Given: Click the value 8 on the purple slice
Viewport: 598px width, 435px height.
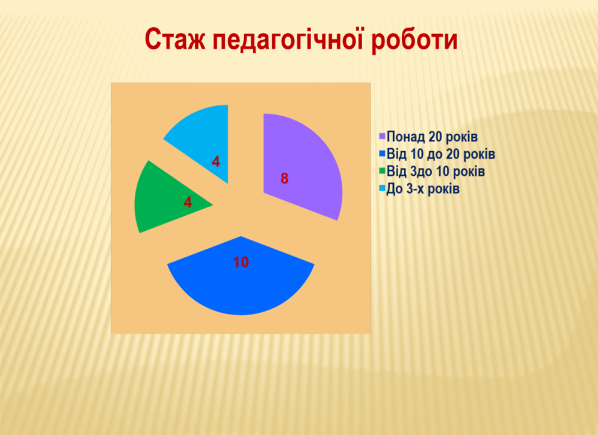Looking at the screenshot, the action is (285, 179).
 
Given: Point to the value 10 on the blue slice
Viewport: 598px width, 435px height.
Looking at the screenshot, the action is (241, 262).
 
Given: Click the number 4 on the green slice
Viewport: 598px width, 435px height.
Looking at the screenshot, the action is (188, 202).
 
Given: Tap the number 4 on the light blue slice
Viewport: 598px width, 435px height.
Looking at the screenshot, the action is (216, 162).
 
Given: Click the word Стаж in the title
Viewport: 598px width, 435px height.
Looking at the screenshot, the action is (174, 40).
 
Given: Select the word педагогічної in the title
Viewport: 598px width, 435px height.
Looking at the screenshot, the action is (288, 40).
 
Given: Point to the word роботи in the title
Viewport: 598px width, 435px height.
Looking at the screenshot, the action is (414, 40).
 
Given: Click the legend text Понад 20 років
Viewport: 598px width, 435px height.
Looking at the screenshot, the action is (432, 136).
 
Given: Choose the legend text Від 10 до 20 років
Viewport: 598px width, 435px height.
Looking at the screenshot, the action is (441, 154).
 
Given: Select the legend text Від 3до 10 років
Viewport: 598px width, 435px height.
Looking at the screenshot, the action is (436, 171).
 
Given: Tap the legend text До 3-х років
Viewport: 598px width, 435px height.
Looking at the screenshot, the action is (423, 189).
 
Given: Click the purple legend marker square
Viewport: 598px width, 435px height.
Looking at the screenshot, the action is (382, 136).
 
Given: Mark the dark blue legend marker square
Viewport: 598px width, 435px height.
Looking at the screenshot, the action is (382, 154).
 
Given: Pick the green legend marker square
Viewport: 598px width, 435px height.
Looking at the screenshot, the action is (382, 171).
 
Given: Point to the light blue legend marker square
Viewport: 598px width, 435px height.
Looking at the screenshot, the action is (382, 189).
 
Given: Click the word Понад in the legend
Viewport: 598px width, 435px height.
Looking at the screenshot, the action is (405, 136).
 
